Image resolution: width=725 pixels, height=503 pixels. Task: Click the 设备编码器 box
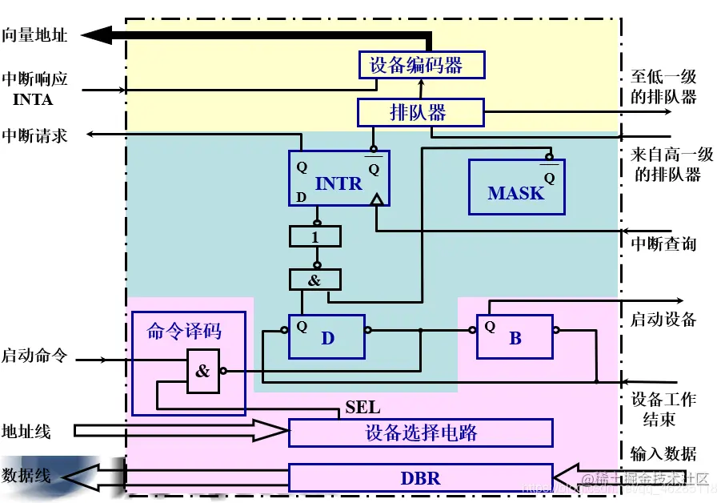click(421, 65)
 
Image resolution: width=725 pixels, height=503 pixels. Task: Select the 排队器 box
click(420, 112)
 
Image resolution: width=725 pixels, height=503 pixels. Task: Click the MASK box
click(516, 187)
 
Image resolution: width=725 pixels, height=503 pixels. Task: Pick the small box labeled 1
click(315, 236)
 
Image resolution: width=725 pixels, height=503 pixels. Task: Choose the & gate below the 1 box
click(315, 280)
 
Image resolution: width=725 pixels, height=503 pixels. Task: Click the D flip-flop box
click(326, 336)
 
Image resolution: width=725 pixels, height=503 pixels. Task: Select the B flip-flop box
click(515, 336)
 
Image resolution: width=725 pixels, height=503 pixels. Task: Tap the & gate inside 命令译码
click(203, 371)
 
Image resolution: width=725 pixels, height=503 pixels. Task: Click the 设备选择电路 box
click(420, 433)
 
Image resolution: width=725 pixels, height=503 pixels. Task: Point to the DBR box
click(420, 478)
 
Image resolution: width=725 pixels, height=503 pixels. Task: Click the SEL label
click(362, 408)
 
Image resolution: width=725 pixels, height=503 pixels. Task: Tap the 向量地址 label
click(34, 34)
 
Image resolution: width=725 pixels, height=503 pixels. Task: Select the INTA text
click(33, 99)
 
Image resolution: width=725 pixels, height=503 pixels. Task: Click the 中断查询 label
click(663, 243)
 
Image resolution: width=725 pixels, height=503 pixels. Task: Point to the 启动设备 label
click(663, 320)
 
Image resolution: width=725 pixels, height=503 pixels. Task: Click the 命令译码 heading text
click(184, 331)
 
